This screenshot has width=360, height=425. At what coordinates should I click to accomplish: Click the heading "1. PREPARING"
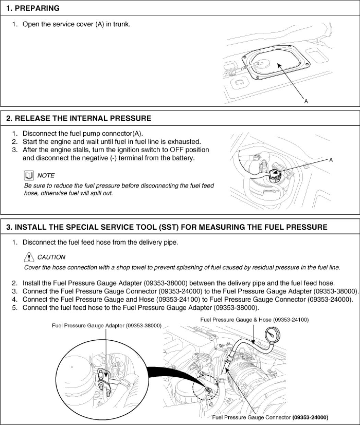tap(33, 8)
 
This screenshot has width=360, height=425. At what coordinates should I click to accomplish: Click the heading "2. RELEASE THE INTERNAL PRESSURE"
tap(79, 119)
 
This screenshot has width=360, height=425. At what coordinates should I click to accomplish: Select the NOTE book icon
tap(29, 175)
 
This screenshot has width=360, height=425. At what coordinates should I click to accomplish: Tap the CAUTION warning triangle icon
tap(29, 257)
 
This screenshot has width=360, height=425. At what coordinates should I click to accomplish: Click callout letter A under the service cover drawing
tap(306, 101)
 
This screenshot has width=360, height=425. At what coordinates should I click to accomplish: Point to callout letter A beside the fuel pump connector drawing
tap(331, 160)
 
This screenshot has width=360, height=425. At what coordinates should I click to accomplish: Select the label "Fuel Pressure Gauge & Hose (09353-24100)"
tap(254, 319)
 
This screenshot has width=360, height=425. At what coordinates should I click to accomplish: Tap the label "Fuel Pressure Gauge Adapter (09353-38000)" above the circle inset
tap(107, 326)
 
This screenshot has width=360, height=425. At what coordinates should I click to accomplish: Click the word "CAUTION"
tap(51, 257)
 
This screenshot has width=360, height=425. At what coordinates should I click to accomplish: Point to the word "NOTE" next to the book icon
tap(46, 175)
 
